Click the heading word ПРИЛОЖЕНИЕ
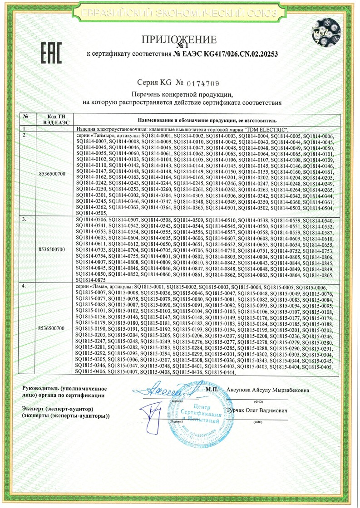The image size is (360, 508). point(180,39)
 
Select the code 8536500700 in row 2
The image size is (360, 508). point(52,174)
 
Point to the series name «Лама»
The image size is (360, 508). point(99,288)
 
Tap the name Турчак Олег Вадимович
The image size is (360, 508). point(257,410)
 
